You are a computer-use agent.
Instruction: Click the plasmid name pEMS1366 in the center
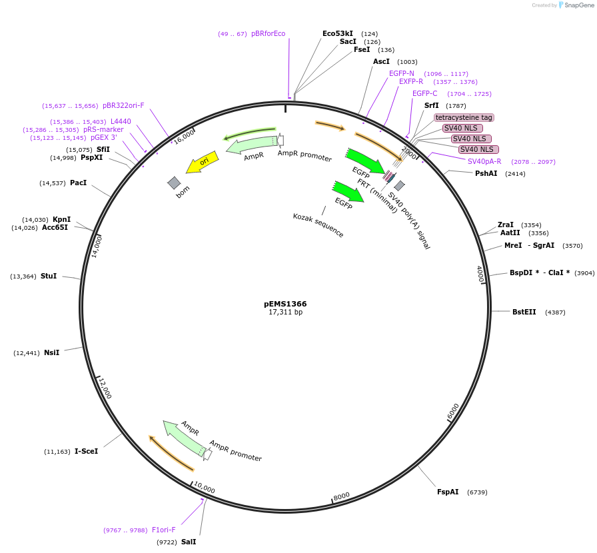285,304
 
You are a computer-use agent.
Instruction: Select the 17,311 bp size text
285,312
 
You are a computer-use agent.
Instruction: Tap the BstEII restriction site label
524,312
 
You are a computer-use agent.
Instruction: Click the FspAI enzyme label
448,492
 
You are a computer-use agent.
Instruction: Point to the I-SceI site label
86,451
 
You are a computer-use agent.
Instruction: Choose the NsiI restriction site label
51,352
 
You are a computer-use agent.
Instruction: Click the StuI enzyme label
48,276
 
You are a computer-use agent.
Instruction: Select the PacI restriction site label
78,183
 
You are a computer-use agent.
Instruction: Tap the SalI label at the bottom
189,542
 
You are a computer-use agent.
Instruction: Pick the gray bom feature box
174,183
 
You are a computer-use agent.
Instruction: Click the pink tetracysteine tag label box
464,117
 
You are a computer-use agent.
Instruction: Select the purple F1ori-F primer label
164,530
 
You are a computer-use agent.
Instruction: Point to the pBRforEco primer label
268,33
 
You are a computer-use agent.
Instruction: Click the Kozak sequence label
318,225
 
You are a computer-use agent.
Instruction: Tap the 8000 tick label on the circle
341,496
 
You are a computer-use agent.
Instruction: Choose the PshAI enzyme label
486,173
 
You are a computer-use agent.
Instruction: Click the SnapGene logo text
578,5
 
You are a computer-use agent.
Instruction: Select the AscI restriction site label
381,61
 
